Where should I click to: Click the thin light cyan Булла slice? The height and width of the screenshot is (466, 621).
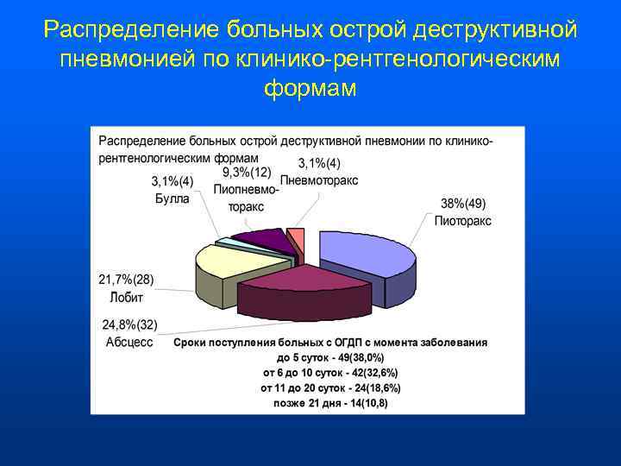(226, 242)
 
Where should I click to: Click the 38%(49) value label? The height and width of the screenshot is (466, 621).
(463, 204)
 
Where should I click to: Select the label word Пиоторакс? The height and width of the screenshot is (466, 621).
(463, 220)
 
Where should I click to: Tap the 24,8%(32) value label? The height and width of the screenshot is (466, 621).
(129, 325)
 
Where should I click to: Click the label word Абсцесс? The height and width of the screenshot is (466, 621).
(129, 342)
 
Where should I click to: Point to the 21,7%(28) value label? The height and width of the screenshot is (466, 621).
(127, 280)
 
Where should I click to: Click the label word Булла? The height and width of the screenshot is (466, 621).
(172, 198)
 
